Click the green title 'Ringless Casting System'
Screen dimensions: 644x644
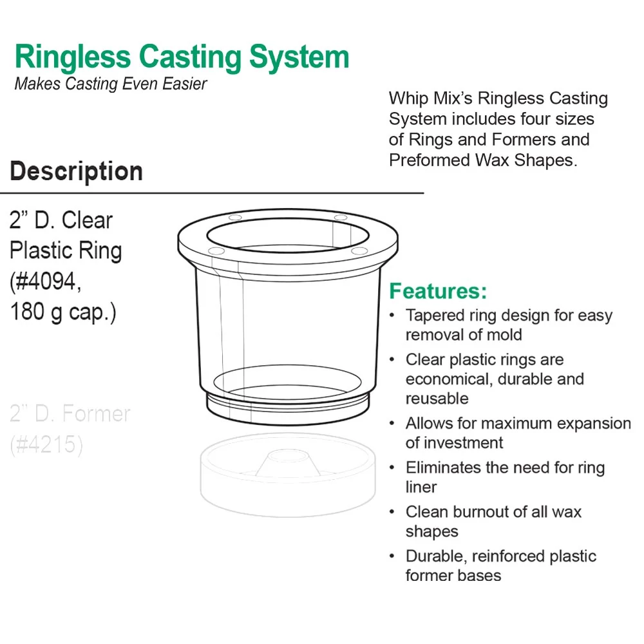[182, 57]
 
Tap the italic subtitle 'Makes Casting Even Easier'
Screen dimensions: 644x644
[111, 84]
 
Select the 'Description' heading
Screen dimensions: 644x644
[76, 172]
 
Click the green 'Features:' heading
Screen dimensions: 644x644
[438, 291]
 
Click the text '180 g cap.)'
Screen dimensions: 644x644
[62, 312]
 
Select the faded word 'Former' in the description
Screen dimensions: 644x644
[97, 413]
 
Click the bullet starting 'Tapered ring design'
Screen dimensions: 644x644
[509, 325]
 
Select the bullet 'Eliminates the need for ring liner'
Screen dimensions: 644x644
[505, 477]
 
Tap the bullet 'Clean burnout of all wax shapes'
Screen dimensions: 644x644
[493, 522]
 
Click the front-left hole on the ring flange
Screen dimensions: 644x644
[216, 250]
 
